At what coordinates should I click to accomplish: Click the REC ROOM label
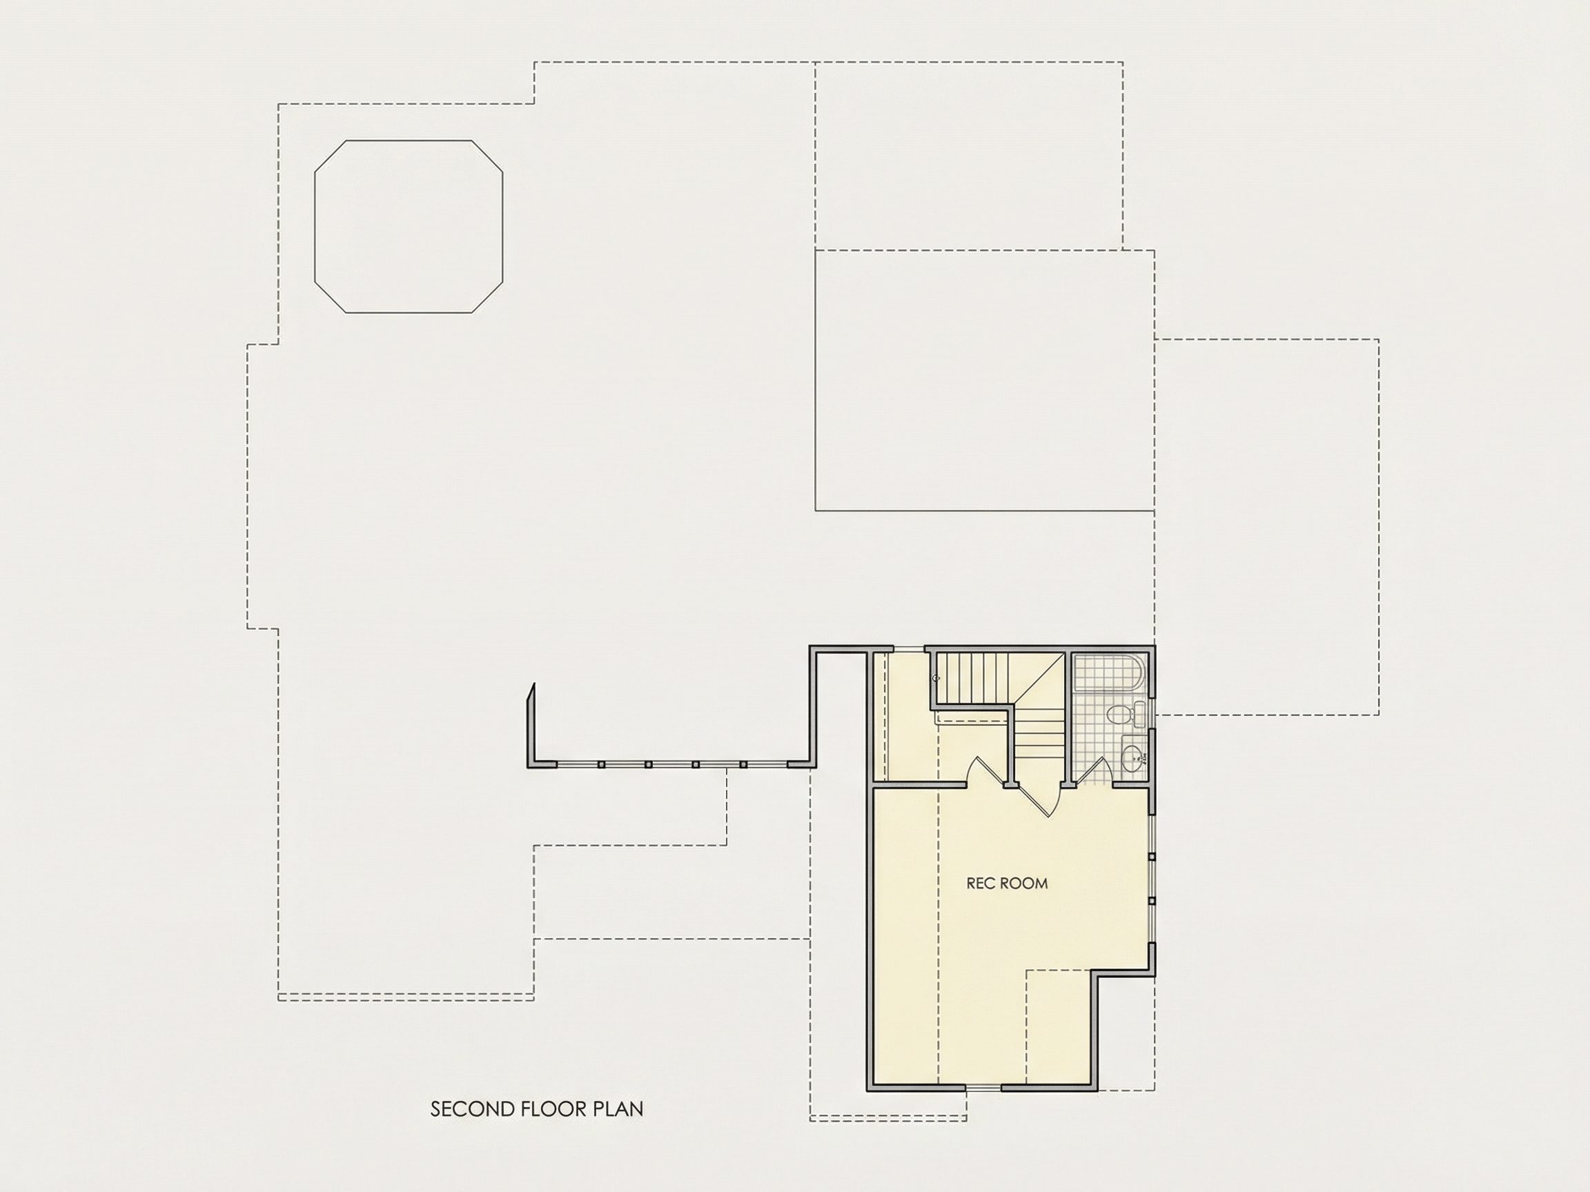pyautogui.click(x=1007, y=884)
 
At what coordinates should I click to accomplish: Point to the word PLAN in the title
pyautogui.click(x=618, y=1109)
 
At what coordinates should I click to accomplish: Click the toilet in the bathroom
pyautogui.click(x=1122, y=714)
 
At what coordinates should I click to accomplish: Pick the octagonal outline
pyautogui.click(x=409, y=226)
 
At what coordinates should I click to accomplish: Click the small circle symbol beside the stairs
pyautogui.click(x=936, y=678)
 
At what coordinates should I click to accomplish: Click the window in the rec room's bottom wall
pyautogui.click(x=983, y=1109)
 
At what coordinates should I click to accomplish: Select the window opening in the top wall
pyautogui.click(x=908, y=650)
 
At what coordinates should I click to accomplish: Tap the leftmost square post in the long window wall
pyautogui.click(x=601, y=764)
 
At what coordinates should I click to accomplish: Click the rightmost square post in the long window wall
pyautogui.click(x=743, y=764)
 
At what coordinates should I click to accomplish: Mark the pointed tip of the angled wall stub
pyautogui.click(x=533, y=684)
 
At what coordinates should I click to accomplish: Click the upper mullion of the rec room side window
pyautogui.click(x=1151, y=857)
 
